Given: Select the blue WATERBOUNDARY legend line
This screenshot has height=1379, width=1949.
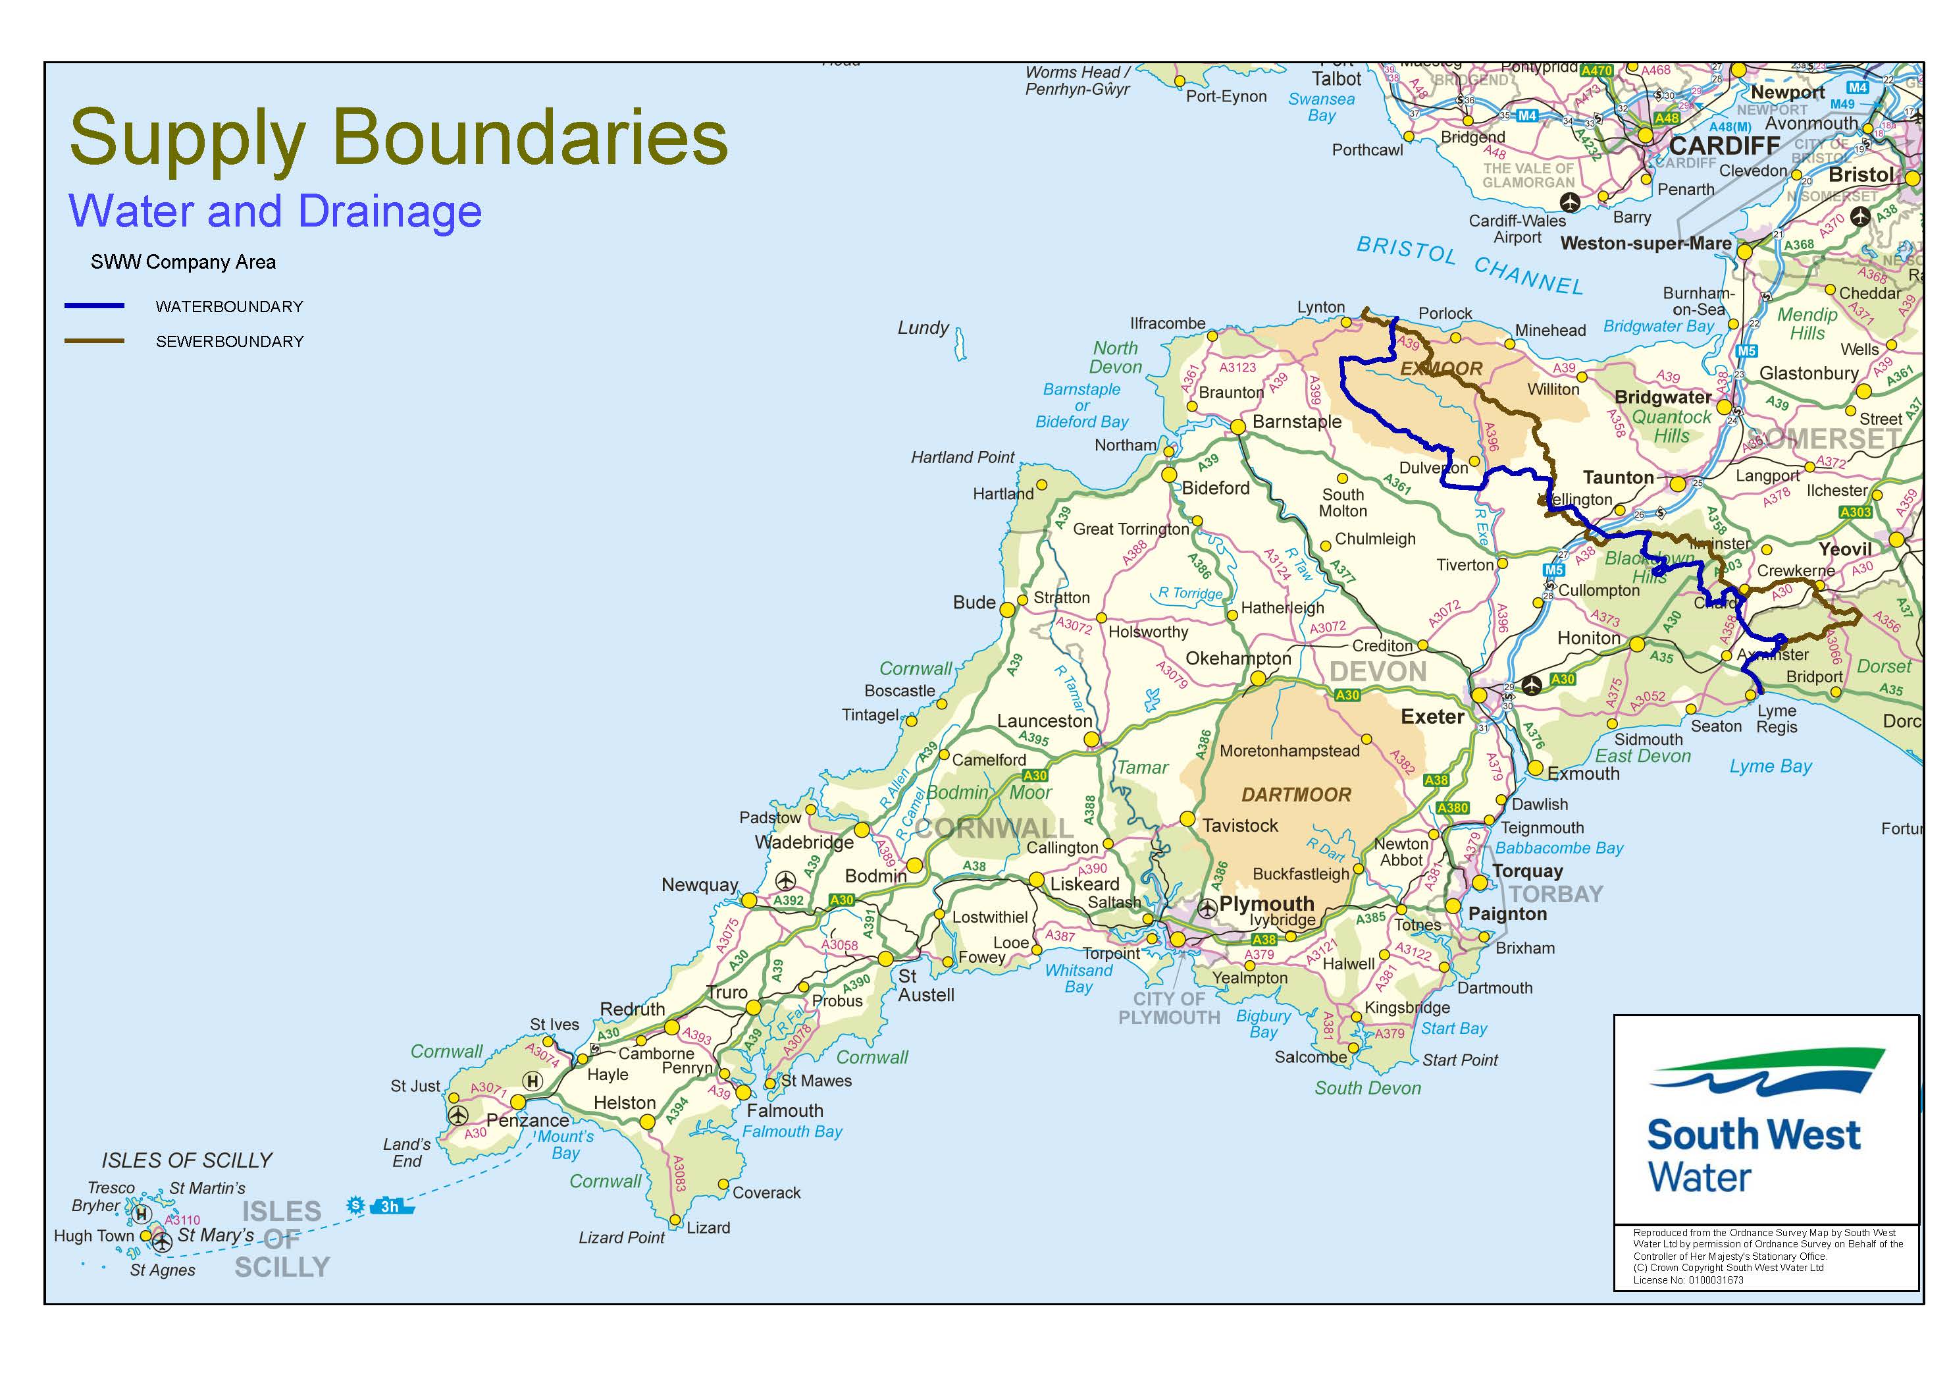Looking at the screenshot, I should pos(94,306).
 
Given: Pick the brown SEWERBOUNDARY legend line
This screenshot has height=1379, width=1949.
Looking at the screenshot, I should pos(94,341).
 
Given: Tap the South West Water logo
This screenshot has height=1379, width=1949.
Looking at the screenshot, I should pos(1765,1121).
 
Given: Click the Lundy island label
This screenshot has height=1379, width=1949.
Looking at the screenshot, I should pos(923,328).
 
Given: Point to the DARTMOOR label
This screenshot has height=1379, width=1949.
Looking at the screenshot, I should pos(1295,795).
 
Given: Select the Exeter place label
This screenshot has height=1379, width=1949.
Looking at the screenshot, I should pos(1432,717).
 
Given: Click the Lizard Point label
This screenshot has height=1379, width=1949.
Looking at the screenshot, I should pos(621,1238).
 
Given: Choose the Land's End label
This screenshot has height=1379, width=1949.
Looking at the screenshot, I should pos(407,1152).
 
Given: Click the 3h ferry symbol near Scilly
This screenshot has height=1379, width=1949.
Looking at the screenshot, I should pos(390,1206).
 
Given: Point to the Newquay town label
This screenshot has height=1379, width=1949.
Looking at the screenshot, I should pos(700,885).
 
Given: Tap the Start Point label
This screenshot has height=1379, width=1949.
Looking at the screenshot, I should pos(1459,1060).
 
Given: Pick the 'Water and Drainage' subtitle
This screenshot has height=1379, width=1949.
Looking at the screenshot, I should pos(275,211).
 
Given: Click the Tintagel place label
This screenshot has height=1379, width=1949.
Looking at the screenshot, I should pos(870,715).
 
